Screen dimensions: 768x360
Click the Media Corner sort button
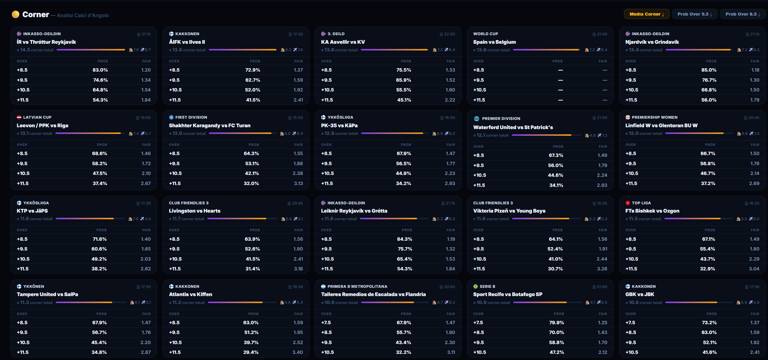647,14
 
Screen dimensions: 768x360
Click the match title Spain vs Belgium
494,42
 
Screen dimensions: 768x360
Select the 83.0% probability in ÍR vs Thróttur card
100,70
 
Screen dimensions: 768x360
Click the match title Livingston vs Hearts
194,211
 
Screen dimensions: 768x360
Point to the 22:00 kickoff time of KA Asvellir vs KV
449,34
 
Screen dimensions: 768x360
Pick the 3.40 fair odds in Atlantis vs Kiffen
297,352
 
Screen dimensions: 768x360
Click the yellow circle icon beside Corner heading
16,14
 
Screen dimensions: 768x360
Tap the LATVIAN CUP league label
37,117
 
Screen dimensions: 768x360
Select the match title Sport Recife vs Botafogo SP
508,294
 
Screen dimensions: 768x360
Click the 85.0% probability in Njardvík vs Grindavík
709,70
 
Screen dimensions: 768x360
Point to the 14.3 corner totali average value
25,50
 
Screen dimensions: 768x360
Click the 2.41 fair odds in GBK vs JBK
755,352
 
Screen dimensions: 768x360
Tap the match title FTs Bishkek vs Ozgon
652,211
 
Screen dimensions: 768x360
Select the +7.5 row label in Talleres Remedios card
326,323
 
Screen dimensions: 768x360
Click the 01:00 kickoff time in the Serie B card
602,287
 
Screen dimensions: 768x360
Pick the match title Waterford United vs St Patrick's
513,127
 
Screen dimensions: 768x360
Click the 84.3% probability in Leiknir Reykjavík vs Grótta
404,239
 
